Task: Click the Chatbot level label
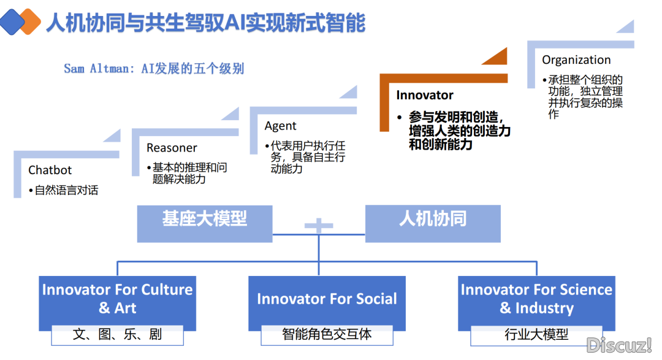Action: (50, 170)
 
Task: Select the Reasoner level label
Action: (172, 148)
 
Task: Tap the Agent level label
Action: (280, 126)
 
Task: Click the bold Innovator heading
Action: (424, 95)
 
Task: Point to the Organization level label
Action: (576, 60)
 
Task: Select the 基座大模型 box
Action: (205, 223)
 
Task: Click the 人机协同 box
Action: (433, 223)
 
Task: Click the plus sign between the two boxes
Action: (319, 225)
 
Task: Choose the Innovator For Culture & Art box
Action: (117, 303)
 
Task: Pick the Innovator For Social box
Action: (327, 303)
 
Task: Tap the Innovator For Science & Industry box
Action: (536, 303)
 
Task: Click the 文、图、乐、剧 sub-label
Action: (117, 335)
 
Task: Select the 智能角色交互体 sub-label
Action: (327, 335)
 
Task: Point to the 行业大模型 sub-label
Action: (536, 335)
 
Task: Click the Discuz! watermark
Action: (619, 345)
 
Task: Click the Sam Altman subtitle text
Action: (154, 69)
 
